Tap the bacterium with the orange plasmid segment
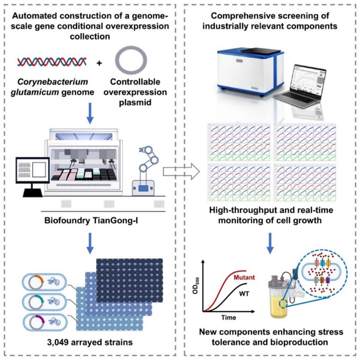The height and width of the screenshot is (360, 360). tap(43, 282)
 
